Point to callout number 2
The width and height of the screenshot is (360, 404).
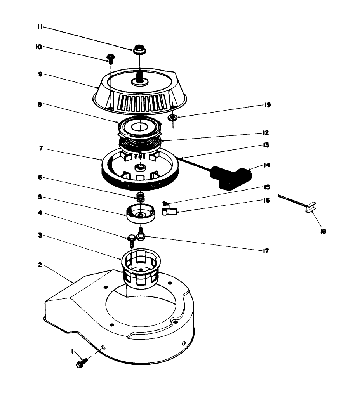(x=40, y=265)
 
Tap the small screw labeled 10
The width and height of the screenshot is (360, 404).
(x=110, y=59)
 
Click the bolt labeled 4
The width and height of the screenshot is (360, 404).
(x=131, y=240)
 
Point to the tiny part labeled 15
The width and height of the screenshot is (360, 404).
(x=165, y=203)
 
